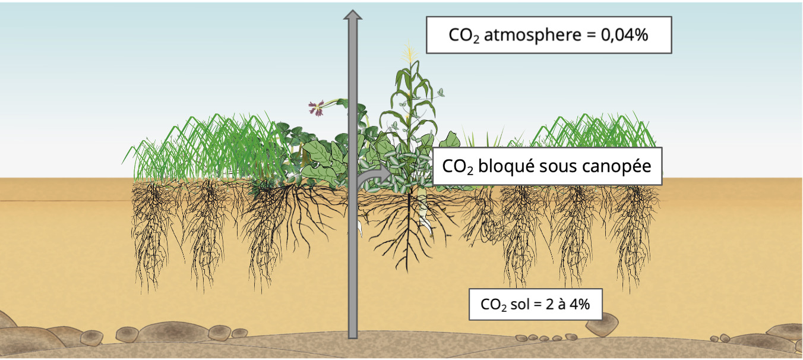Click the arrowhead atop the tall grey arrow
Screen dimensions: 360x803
(x=353, y=15)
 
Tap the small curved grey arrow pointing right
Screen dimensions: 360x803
(x=374, y=175)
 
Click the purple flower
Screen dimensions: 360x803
(x=316, y=108)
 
